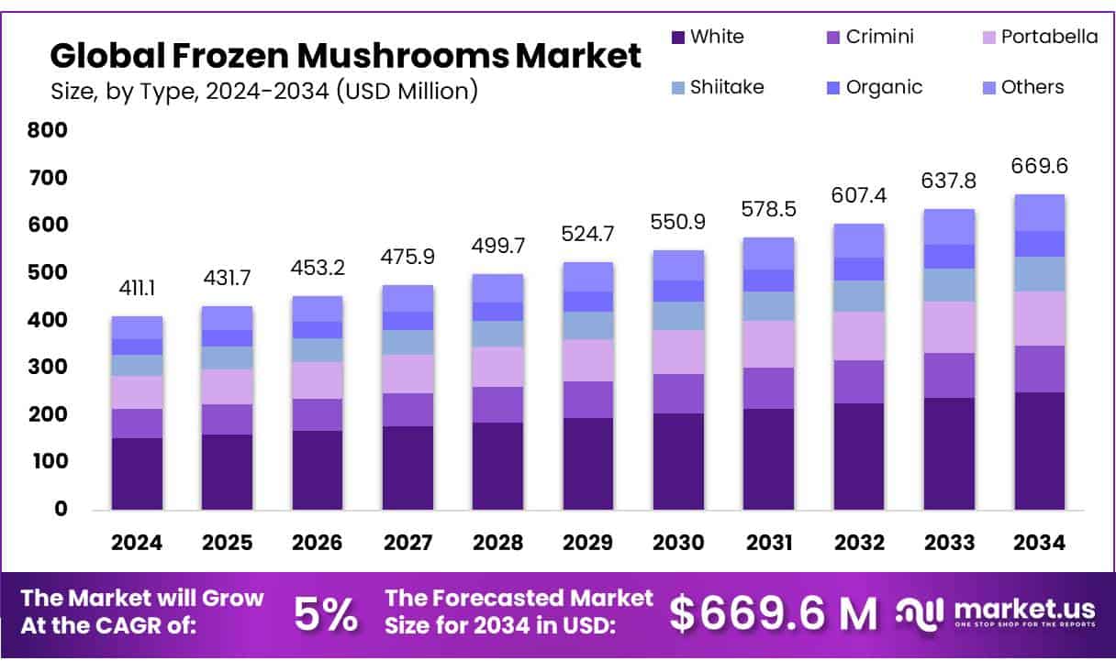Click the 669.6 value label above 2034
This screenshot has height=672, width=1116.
point(1040,167)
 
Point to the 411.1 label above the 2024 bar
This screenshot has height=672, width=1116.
point(138,290)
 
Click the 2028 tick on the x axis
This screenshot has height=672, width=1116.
point(498,543)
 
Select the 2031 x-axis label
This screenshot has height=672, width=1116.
point(769,543)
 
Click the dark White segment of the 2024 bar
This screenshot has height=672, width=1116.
point(137,473)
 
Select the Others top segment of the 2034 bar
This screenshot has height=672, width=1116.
point(1040,212)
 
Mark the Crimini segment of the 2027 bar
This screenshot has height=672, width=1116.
point(408,409)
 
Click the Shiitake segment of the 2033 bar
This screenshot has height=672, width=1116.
point(950,284)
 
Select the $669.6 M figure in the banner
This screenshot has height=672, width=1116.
point(773,613)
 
